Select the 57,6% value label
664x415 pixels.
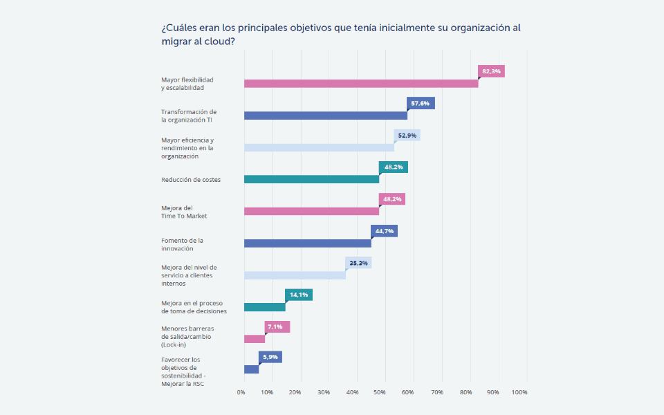tap(421, 103)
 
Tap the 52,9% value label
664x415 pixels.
tap(407, 136)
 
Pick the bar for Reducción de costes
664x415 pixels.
tap(311, 179)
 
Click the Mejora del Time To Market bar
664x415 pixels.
tap(311, 211)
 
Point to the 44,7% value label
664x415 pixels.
tap(384, 231)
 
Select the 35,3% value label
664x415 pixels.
tap(358, 263)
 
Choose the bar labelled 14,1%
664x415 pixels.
tap(264, 307)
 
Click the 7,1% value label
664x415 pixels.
tap(277, 326)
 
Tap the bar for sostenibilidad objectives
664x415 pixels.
tap(251, 369)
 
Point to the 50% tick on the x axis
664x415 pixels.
tap(380, 392)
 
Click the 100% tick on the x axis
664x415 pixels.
tap(519, 392)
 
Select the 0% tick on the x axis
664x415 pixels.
tap(241, 392)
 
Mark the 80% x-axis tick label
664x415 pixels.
tap(465, 392)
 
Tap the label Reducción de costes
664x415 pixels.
tap(191, 180)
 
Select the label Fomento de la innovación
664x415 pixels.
tap(183, 244)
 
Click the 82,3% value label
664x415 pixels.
tap(491, 71)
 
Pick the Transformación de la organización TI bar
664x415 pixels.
tap(326, 116)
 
